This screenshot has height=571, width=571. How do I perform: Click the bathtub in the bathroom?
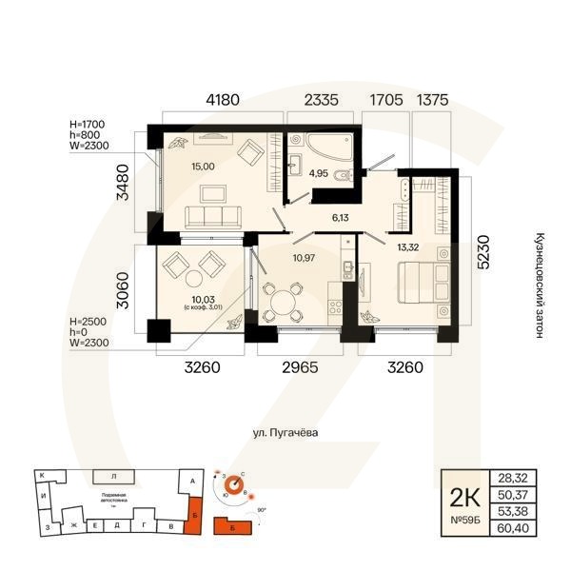click(322, 146)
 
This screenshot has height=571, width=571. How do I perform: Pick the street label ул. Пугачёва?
click(285, 433)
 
